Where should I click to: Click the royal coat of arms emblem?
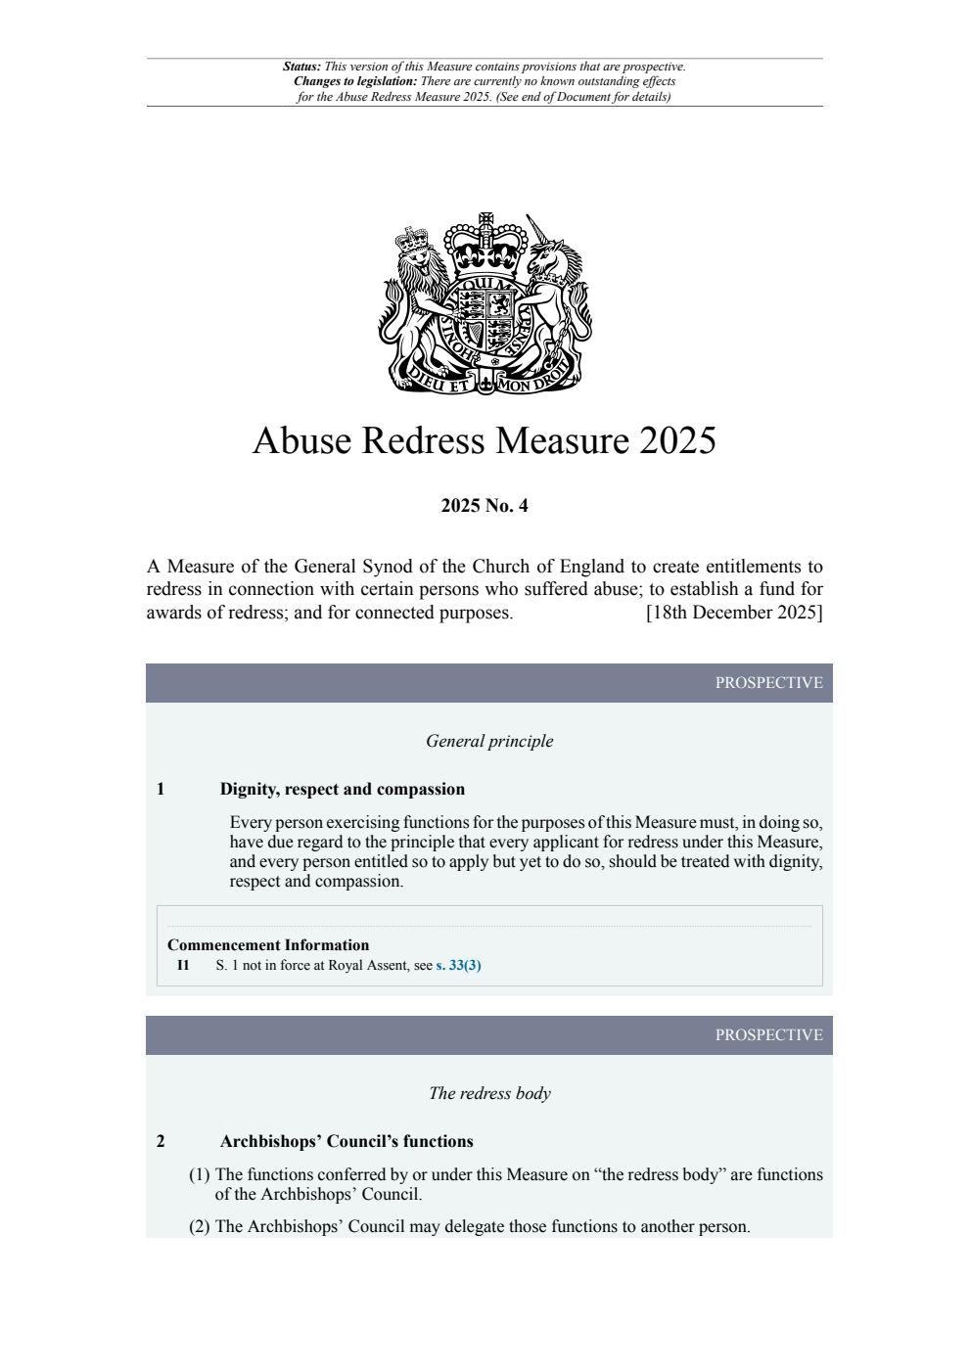[485, 303]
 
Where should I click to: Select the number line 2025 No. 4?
[485, 506]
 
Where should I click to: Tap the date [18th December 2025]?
[734, 613]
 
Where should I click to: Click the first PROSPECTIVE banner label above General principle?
[768, 683]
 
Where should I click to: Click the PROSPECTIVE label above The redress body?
[768, 1035]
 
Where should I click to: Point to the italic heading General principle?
[489, 742]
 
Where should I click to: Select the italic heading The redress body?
[489, 1094]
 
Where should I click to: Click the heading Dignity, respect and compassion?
[343, 790]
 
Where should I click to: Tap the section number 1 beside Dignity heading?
[161, 790]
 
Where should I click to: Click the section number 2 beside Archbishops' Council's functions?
[161, 1142]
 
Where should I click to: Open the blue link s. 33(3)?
[458, 966]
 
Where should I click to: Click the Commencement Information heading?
[268, 945]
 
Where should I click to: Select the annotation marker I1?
[183, 966]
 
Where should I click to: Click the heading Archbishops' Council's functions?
[346, 1142]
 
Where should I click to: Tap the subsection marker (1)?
[200, 1175]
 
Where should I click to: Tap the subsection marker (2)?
[200, 1227]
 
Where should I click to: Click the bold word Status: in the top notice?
[301, 68]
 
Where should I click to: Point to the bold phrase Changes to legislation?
[355, 82]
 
